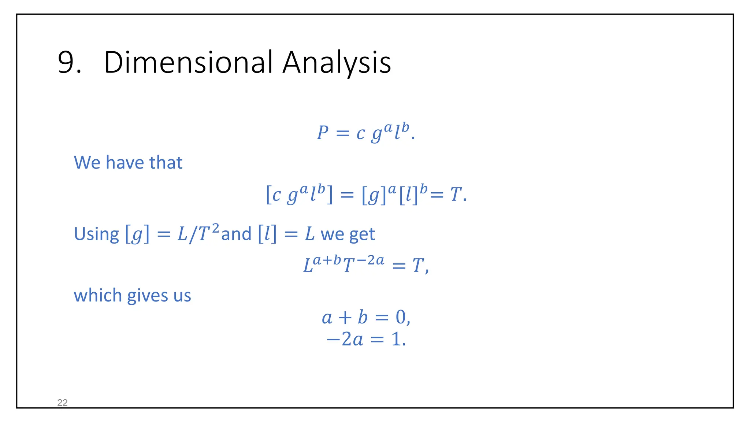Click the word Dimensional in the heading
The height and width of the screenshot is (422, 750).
click(188, 62)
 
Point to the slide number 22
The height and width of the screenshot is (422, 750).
click(63, 403)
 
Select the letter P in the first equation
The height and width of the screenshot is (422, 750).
click(323, 133)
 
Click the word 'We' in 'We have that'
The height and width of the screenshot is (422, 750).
click(87, 163)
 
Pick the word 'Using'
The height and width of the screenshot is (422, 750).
click(96, 234)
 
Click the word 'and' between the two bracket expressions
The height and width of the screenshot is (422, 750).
click(236, 234)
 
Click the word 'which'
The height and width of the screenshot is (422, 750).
click(98, 295)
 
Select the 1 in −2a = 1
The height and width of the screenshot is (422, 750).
click(396, 339)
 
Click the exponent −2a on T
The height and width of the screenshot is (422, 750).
click(370, 260)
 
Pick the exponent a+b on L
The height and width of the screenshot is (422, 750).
click(327, 260)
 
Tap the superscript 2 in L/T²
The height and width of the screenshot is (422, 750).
click(215, 229)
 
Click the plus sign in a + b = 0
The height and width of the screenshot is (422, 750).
click(345, 318)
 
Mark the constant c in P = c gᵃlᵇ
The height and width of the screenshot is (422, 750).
click(360, 133)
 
